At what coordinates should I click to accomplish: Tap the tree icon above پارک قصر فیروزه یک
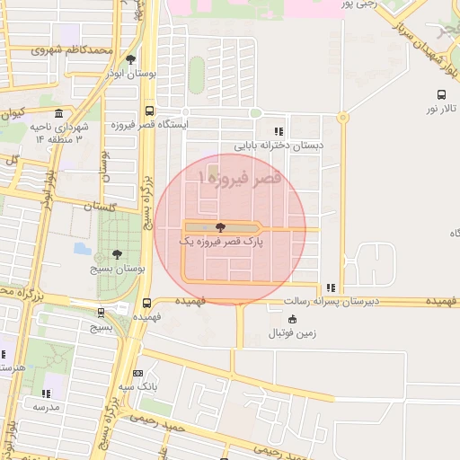pyautogui.click(x=221, y=227)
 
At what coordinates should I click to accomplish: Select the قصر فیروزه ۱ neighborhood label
pyautogui.click(x=244, y=178)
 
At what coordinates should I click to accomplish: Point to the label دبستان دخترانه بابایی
pyautogui.click(x=279, y=145)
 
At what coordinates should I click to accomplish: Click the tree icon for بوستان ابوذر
pyautogui.click(x=131, y=60)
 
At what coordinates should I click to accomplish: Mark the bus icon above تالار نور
pyautogui.click(x=441, y=93)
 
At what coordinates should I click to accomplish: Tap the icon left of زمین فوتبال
pyautogui.click(x=292, y=318)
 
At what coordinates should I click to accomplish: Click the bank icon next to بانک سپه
pyautogui.click(x=137, y=373)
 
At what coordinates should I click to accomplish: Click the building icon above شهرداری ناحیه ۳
pyautogui.click(x=59, y=114)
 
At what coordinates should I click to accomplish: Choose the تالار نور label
pyautogui.click(x=441, y=108)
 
